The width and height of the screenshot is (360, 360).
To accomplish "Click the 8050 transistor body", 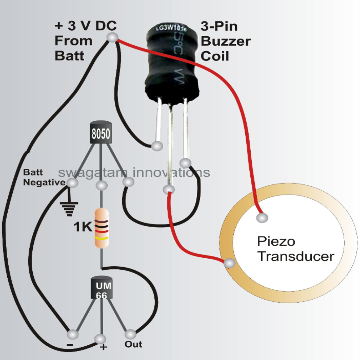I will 101,133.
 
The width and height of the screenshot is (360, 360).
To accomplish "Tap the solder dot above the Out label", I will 130,334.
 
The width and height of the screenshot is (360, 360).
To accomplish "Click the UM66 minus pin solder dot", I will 73,334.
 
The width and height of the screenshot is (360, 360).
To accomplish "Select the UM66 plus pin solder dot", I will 101,339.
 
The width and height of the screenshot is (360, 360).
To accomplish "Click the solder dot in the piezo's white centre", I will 262,218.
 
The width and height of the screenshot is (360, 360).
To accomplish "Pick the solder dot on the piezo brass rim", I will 229,264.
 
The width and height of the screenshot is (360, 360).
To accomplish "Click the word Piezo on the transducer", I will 272,241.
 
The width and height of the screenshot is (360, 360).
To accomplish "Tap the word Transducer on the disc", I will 296,256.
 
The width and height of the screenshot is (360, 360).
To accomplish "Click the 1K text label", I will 82,227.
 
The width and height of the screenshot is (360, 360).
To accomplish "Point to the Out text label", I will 133,344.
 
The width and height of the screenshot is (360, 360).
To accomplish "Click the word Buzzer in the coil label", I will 226,41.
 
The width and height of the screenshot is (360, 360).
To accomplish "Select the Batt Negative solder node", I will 73,182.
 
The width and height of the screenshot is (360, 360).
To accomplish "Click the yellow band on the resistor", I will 102,238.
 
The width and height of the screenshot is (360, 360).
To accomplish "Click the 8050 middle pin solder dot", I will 102,185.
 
